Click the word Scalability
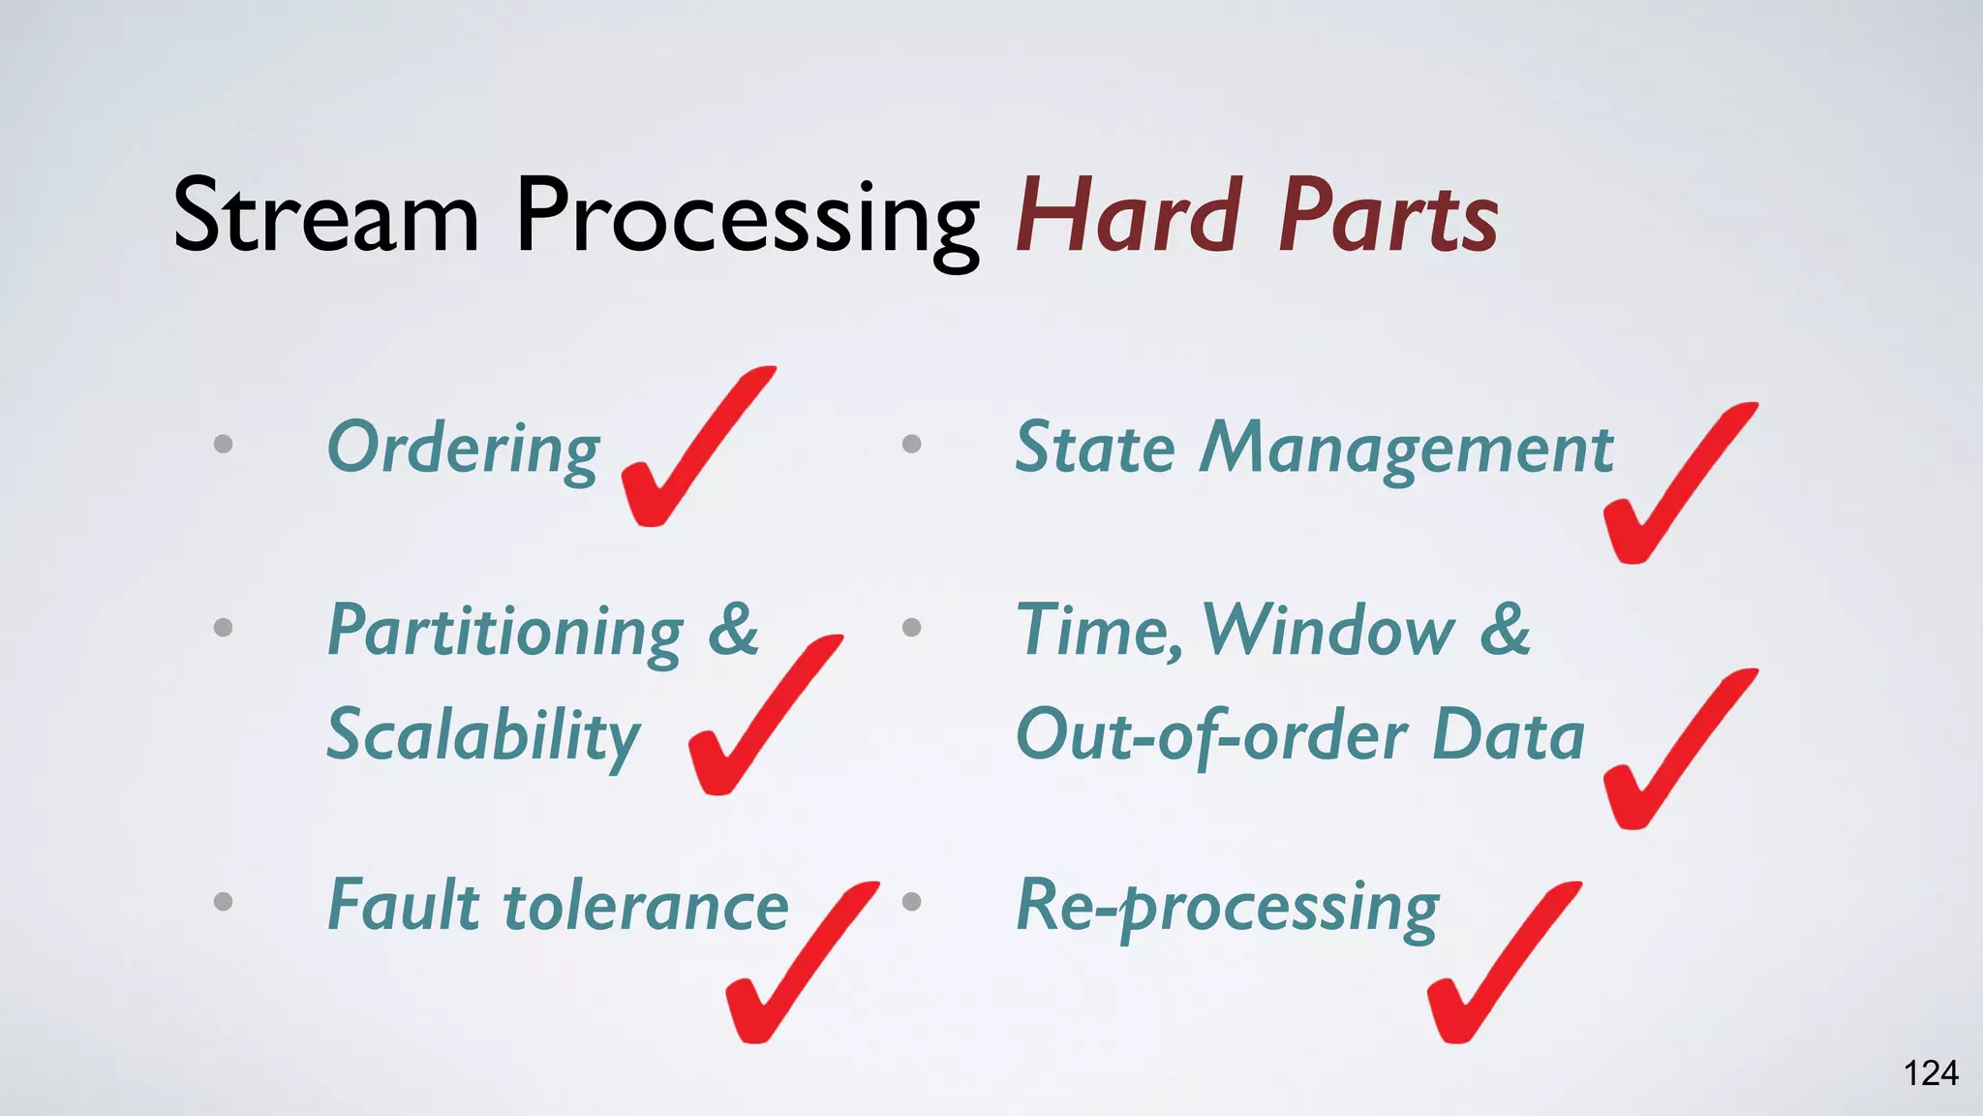[x=483, y=736]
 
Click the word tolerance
[x=647, y=906]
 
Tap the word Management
[x=1407, y=449]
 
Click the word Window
[x=1328, y=631]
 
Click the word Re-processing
[x=1228, y=908]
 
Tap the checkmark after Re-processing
[x=1497, y=969]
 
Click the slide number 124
[x=1931, y=1073]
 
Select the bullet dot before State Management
[x=911, y=444]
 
